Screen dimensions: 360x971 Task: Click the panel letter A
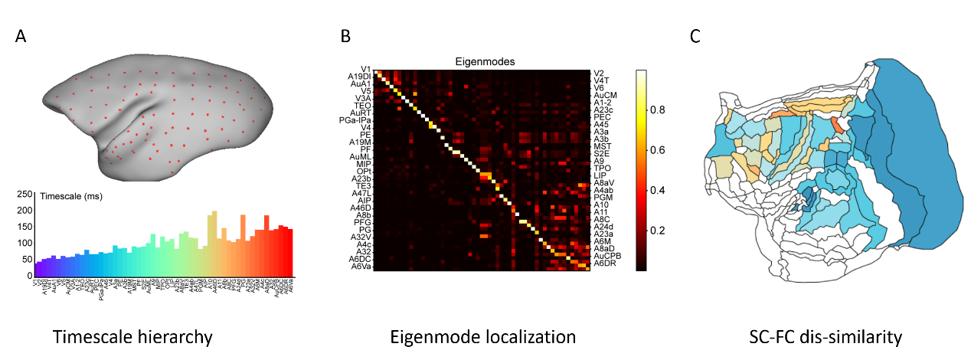tap(21, 36)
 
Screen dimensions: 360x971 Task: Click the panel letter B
tap(346, 36)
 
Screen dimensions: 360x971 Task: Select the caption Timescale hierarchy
tap(132, 335)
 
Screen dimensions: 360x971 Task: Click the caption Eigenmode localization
tap(482, 335)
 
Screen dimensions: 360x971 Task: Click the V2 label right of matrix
tap(600, 74)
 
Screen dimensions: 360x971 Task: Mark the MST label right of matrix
tap(601, 145)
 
